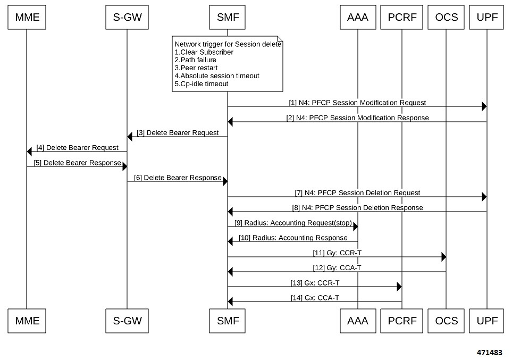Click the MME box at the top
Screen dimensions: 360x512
[26, 19]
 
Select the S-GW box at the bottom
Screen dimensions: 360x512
[127, 321]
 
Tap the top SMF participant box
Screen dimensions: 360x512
[228, 19]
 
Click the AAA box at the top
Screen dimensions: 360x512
[358, 19]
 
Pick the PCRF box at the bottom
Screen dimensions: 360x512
[402, 321]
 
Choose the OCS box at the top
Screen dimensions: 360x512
[446, 19]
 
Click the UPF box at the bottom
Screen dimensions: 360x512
[487, 321]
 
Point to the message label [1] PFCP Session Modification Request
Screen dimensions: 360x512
[357, 103]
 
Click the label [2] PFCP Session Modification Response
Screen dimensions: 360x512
[357, 118]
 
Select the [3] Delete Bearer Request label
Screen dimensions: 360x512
[178, 133]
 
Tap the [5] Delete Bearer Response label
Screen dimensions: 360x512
[77, 163]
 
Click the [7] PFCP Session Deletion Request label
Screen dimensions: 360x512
[357, 192]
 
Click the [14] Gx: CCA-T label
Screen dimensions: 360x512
[315, 298]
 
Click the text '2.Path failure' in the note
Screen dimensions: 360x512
[196, 60]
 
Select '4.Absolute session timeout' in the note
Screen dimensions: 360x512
[217, 76]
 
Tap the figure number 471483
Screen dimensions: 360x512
[489, 353]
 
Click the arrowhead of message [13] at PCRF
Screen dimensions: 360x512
[399, 287]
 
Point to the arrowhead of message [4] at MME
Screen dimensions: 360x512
[29, 152]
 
